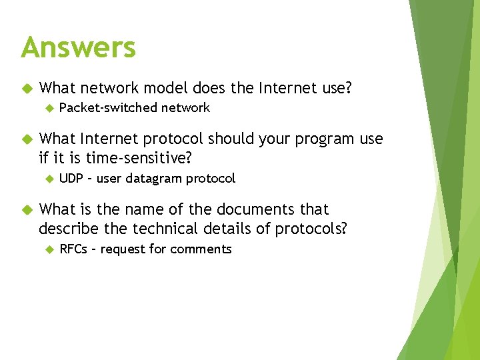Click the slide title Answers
tap(78, 47)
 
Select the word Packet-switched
tap(109, 108)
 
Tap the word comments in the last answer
tap(201, 249)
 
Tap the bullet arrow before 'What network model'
tap(27, 87)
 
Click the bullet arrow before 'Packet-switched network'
tap(48, 108)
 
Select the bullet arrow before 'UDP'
tap(48, 179)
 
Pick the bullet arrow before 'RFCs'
tap(48, 249)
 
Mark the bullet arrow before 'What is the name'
tap(27, 209)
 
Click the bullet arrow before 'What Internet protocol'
tap(27, 139)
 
